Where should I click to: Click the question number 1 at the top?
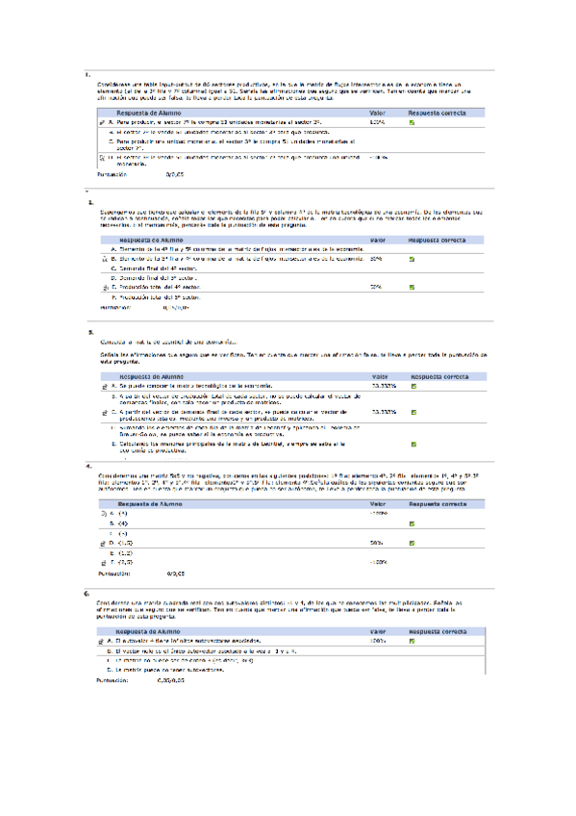click(x=88, y=74)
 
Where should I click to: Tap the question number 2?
click(x=90, y=203)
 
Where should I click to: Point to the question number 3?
click(x=90, y=332)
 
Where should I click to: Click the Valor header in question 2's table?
click(x=377, y=239)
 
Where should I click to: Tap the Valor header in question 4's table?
click(x=377, y=503)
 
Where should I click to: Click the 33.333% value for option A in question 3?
click(x=383, y=385)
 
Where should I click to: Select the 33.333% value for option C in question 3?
click(x=383, y=411)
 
